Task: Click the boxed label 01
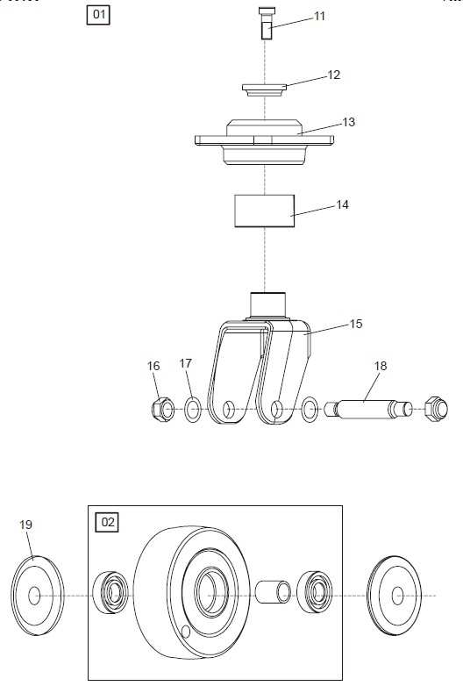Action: point(98,15)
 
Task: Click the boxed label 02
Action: point(107,523)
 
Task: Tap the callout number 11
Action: point(319,17)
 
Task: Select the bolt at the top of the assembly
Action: point(265,24)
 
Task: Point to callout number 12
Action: point(334,75)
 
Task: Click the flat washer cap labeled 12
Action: point(265,89)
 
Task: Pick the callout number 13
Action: point(349,122)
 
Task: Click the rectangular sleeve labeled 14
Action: point(265,211)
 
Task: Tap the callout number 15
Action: point(356,324)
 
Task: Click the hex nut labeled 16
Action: point(162,410)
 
